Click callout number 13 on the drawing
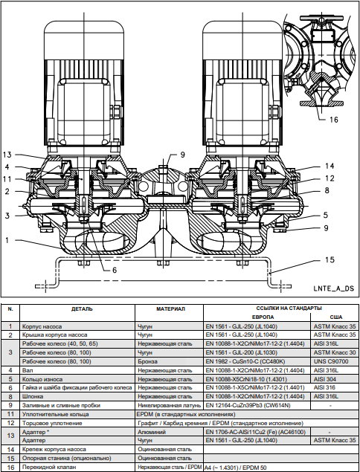click(x=7, y=155)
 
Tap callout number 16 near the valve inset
click(x=334, y=120)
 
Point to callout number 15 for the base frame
click(x=330, y=259)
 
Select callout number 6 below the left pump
click(x=115, y=270)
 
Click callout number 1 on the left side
click(x=7, y=240)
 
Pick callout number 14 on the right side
click(x=330, y=166)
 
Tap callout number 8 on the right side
click(x=327, y=190)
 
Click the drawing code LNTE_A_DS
click(x=333, y=288)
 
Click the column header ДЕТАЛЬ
click(x=82, y=309)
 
